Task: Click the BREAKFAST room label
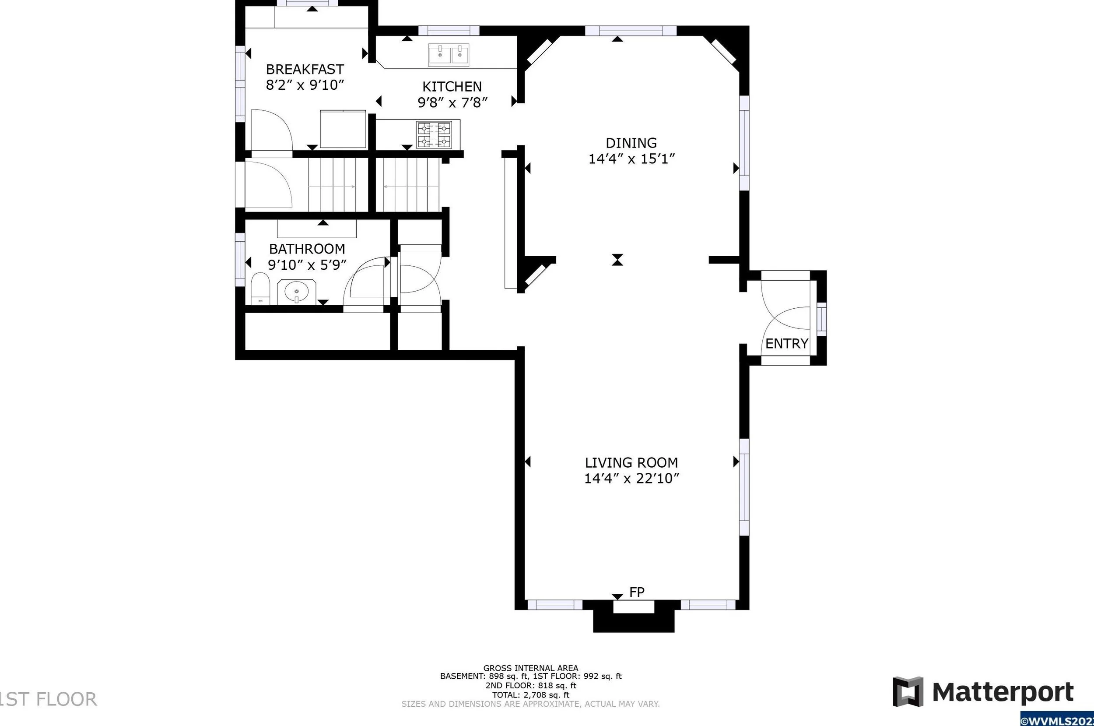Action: pos(305,70)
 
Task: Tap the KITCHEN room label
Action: pos(452,87)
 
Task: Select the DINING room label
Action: pos(631,143)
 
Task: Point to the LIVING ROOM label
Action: pos(631,462)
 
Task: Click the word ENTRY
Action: pos(787,344)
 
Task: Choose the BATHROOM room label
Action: pos(307,249)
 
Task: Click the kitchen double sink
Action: pos(449,54)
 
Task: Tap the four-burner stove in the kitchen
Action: pos(434,135)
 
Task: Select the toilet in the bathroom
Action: pos(260,289)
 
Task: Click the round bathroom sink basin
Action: pos(297,292)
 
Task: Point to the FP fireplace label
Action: pos(637,592)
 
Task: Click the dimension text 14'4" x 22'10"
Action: pos(631,479)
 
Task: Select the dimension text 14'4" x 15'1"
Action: pos(631,159)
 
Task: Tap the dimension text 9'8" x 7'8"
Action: pos(452,102)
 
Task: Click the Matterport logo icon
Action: pos(908,692)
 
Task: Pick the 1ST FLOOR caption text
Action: pos(49,700)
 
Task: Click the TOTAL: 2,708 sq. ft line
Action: pos(530,695)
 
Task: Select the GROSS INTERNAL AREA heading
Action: pos(530,668)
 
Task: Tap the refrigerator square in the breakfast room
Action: pos(343,129)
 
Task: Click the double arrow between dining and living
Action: pos(617,260)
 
